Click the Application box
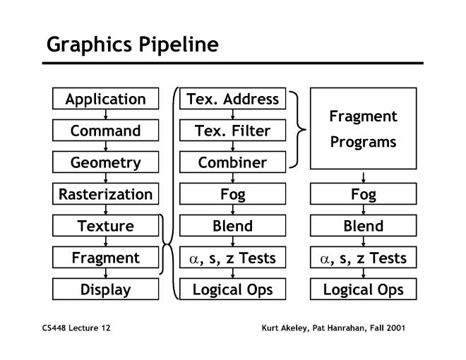coord(105,99)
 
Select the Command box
coord(105,131)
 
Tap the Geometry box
coord(105,162)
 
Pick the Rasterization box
coord(105,194)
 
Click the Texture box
coord(105,226)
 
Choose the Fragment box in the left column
coord(105,258)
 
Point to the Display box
coord(105,289)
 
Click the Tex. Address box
coord(232,99)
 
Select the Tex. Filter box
coord(232,131)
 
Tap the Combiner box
coord(232,162)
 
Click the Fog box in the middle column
coord(232,194)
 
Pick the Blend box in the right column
coord(363,226)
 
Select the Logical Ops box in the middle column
coord(232,289)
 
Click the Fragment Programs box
coord(363,128)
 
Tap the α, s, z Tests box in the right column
coord(363,258)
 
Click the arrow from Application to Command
coord(105,115)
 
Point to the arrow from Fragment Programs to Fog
coord(363,176)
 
